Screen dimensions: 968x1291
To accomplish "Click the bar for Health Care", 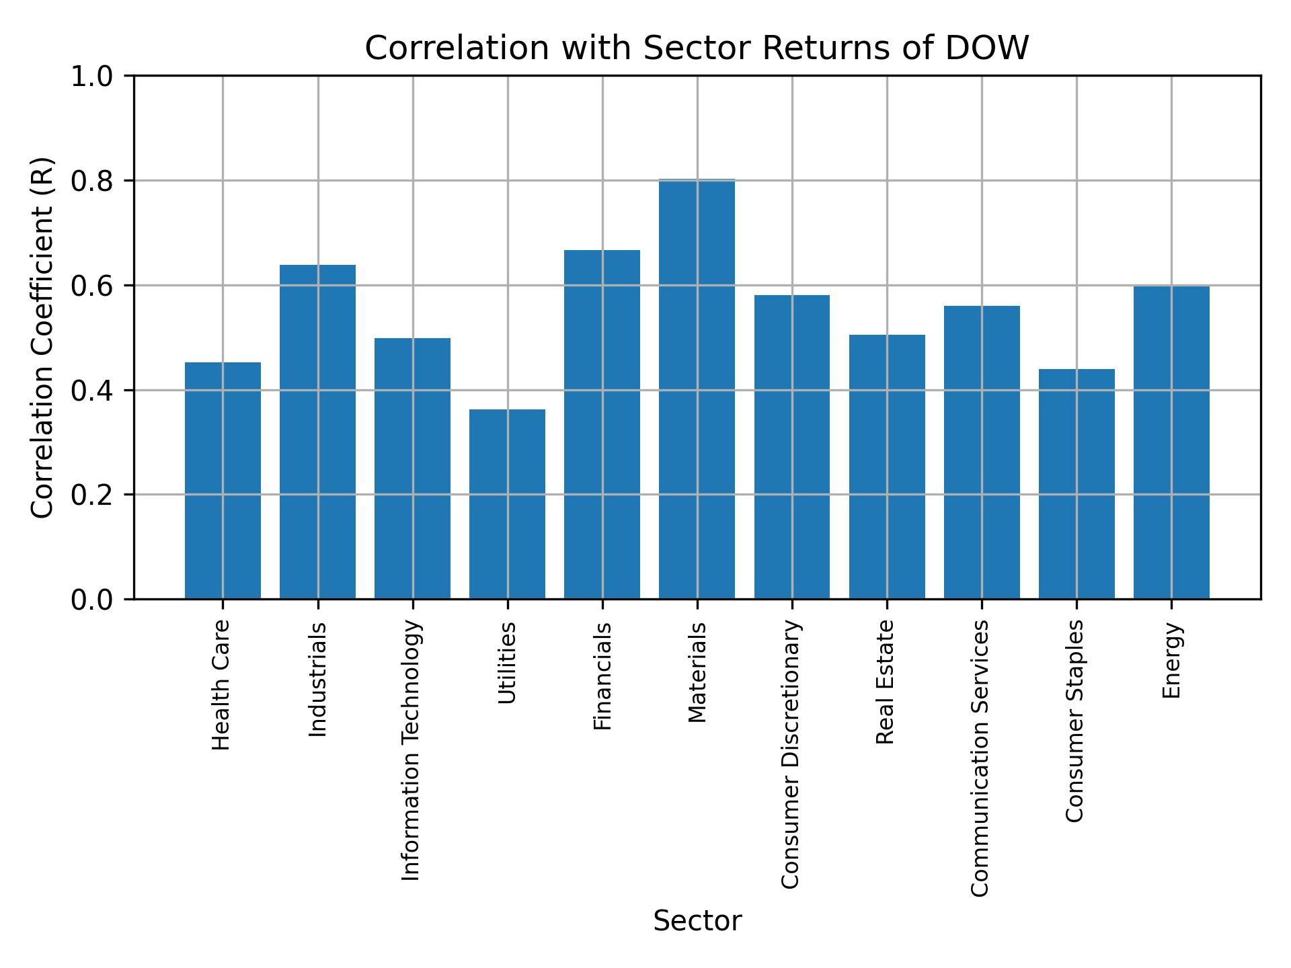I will tap(223, 481).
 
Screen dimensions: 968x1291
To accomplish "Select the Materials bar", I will tap(697, 389).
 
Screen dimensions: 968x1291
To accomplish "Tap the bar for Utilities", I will tap(507, 504).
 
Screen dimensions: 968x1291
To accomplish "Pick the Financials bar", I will tap(602, 424).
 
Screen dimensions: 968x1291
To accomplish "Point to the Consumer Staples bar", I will tap(1077, 484).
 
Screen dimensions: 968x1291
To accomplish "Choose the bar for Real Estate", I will tap(887, 467).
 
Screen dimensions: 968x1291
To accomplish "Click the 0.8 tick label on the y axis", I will tap(97, 181).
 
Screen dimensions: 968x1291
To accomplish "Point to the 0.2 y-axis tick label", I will tap(97, 495).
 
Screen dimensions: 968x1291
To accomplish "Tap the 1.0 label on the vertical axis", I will tap(97, 77).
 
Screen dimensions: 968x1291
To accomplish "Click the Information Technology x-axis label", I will tap(411, 750).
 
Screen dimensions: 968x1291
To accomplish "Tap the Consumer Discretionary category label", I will tap(791, 754).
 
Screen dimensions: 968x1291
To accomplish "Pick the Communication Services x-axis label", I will tap(980, 758).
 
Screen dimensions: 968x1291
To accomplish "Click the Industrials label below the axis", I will tap(317, 680).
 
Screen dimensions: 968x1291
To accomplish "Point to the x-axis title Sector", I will tap(697, 921).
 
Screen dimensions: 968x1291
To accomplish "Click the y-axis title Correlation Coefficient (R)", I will tap(42, 337).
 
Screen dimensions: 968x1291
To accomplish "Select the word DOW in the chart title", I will tap(987, 48).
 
